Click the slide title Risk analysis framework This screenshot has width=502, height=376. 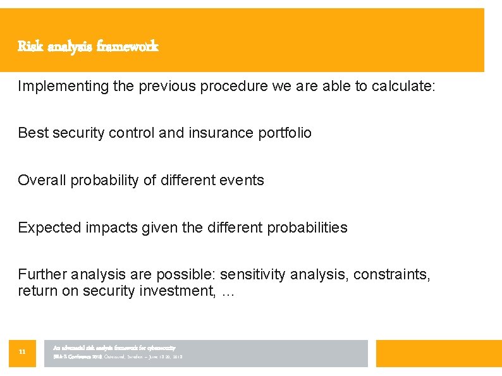pyautogui.click(x=88, y=46)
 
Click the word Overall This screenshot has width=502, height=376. pyautogui.click(x=42, y=180)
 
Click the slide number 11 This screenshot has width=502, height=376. pyautogui.click(x=22, y=353)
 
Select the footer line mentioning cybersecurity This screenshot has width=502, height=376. pyautogui.click(x=114, y=348)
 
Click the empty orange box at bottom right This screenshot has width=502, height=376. pyautogui.click(x=438, y=353)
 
